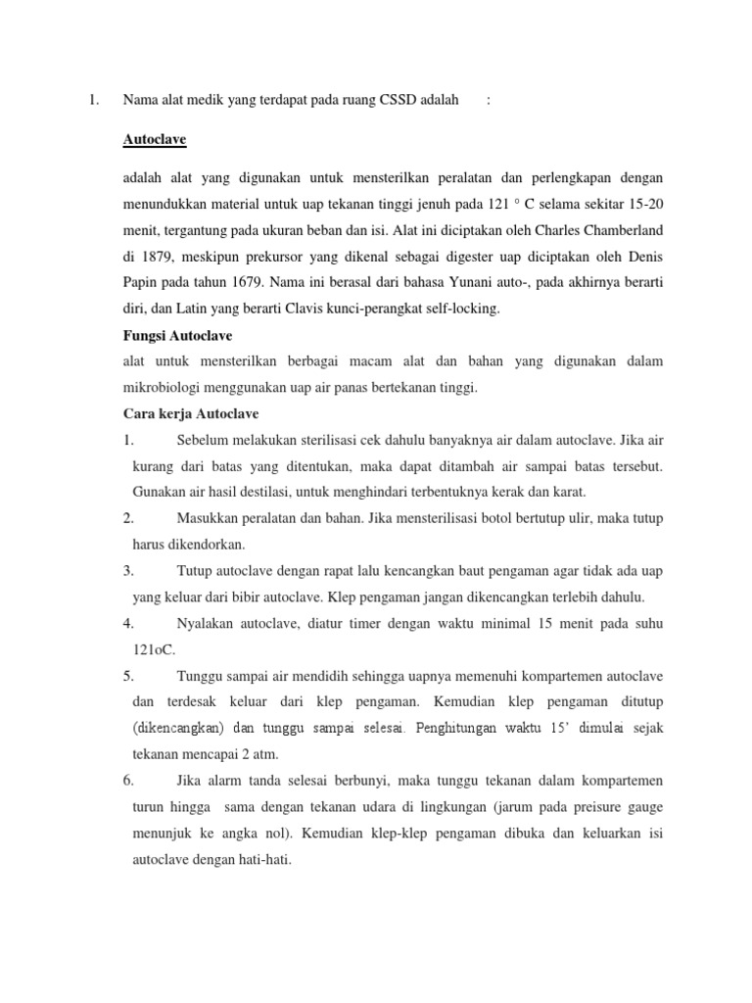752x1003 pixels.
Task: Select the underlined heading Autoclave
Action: pos(155,139)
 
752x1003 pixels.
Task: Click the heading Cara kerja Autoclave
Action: pos(191,412)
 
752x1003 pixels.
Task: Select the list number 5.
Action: pos(128,675)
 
